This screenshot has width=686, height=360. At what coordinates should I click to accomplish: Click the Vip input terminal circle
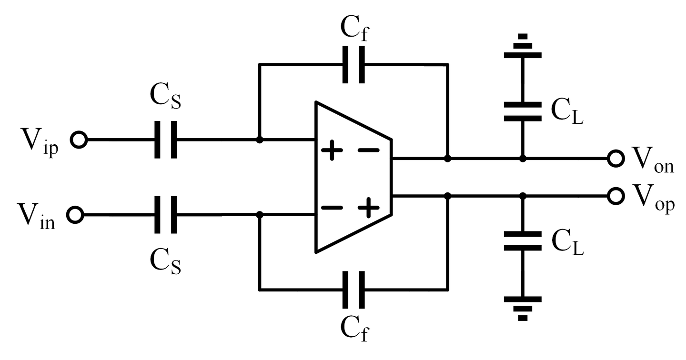78,140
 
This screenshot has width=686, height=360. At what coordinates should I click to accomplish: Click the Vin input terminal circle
75,215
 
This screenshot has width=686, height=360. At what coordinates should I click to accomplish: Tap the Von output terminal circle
615,159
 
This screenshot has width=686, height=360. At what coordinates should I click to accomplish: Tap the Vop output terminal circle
615,196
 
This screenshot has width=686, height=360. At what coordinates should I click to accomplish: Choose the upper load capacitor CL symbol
523,111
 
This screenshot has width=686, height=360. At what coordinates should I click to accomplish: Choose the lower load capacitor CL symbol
523,241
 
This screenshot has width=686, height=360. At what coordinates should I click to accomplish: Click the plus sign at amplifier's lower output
368,208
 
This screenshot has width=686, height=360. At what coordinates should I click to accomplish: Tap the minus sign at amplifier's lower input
332,208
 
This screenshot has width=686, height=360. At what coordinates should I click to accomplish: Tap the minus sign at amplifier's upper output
368,151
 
